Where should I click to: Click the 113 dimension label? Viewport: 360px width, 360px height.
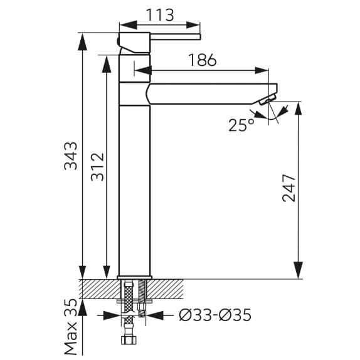point(160,15)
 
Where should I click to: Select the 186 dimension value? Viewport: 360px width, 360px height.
point(203,60)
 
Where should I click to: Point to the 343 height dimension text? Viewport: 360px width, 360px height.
point(71,156)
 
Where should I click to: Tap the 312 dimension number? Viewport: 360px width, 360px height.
point(98,167)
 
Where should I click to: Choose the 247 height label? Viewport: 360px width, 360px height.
point(289,188)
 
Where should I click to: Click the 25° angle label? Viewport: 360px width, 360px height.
point(241,125)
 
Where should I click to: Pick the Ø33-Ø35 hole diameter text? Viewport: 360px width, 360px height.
point(215,315)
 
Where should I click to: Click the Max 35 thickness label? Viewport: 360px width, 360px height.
point(71,327)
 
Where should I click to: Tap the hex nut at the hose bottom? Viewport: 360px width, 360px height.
point(129,340)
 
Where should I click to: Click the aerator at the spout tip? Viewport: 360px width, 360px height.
point(267,100)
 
